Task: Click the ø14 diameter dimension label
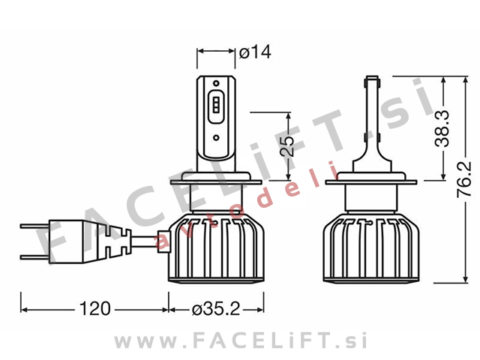255,52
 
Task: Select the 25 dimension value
286,146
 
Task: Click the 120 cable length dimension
95,308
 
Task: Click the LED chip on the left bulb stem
215,108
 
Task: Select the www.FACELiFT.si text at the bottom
240,341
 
